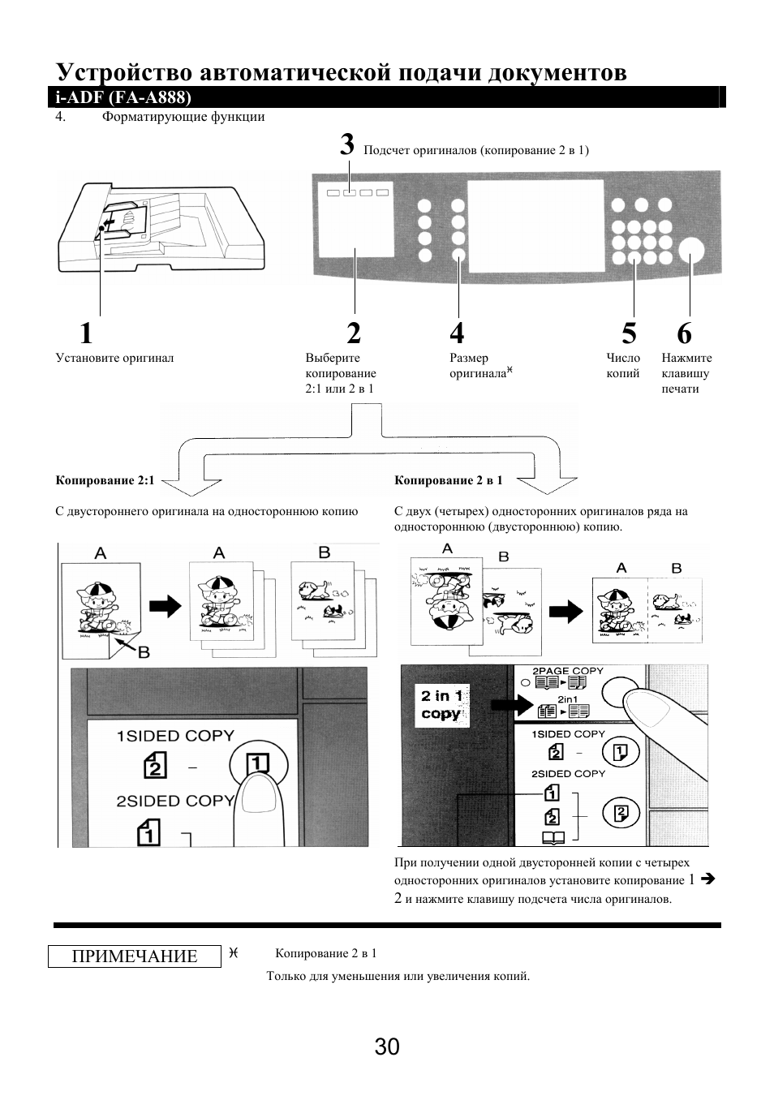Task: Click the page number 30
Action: pyautogui.click(x=387, y=1047)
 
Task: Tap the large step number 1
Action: pyautogui.click(x=86, y=333)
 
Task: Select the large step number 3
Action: pyautogui.click(x=347, y=145)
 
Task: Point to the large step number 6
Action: pyautogui.click(x=684, y=333)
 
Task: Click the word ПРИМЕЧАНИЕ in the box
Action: pyautogui.click(x=135, y=956)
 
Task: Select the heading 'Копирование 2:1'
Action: pyautogui.click(x=105, y=480)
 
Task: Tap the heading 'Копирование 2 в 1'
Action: pyautogui.click(x=449, y=480)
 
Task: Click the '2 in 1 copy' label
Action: pyautogui.click(x=442, y=705)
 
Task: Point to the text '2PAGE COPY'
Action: pyautogui.click(x=568, y=671)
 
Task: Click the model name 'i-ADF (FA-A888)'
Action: pyautogui.click(x=123, y=98)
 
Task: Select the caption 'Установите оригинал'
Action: pyautogui.click(x=114, y=358)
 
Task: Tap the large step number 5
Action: pyautogui.click(x=629, y=333)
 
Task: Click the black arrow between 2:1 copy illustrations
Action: pyautogui.click(x=164, y=605)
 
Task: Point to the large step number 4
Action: pyautogui.click(x=458, y=333)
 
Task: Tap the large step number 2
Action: pyautogui.click(x=353, y=333)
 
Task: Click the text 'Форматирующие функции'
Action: pyautogui.click(x=183, y=117)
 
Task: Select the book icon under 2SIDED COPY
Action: pyautogui.click(x=553, y=838)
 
